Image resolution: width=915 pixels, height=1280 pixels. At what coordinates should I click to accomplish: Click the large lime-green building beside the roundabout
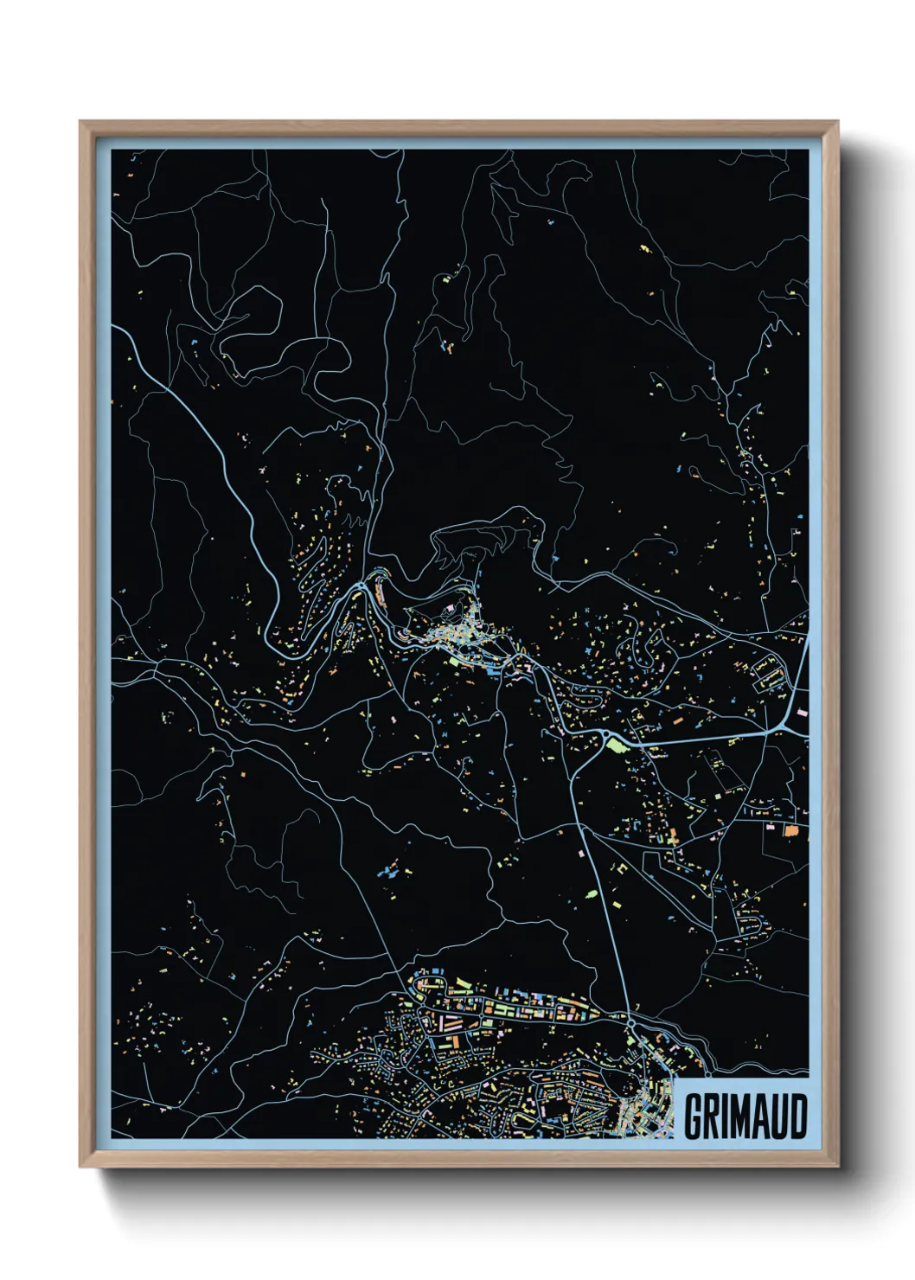tap(615, 743)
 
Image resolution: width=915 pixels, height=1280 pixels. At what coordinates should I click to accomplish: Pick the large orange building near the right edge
tap(790, 831)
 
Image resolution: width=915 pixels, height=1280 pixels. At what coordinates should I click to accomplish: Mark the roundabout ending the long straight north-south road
tap(631, 1024)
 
